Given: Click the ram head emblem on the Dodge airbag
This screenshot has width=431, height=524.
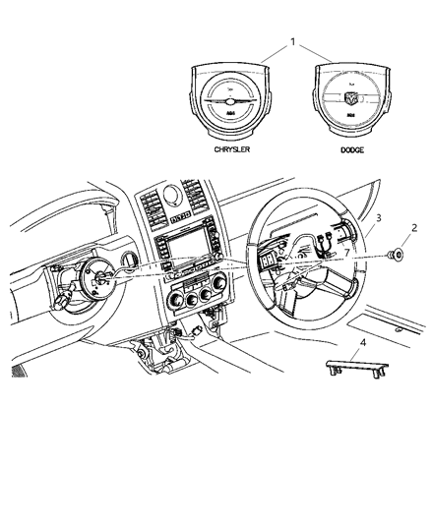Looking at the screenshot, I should [x=334, y=97].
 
